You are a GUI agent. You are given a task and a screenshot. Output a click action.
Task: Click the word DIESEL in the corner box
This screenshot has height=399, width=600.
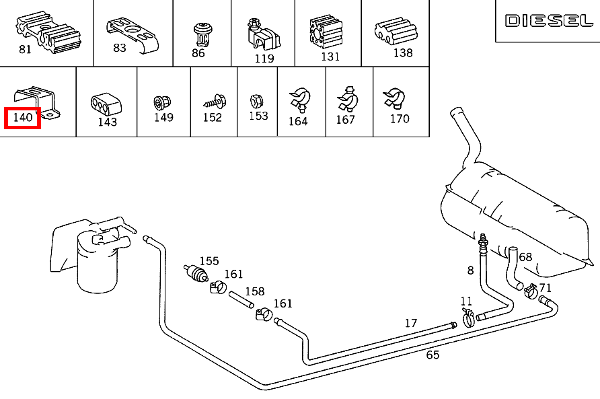tap(549, 21)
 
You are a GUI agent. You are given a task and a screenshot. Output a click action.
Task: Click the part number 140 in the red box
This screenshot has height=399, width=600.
tap(23, 117)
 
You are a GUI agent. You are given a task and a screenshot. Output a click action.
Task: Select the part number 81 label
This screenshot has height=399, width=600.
tap(25, 49)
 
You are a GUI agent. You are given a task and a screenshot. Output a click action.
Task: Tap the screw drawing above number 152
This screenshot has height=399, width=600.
tap(215, 102)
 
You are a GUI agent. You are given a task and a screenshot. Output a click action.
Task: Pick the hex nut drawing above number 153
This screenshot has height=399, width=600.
tap(256, 102)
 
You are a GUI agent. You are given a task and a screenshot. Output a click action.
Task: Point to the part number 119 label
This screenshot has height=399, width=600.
tap(264, 59)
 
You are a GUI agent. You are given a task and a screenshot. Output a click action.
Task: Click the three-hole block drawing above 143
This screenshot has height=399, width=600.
tap(106, 104)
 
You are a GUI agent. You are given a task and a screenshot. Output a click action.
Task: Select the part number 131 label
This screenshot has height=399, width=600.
tap(330, 57)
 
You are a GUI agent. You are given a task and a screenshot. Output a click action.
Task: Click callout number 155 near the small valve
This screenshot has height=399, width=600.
tap(209, 261)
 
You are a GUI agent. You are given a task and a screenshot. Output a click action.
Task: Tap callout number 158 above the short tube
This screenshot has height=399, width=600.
tap(255, 291)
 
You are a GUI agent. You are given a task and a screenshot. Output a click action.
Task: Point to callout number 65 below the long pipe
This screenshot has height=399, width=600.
tap(433, 355)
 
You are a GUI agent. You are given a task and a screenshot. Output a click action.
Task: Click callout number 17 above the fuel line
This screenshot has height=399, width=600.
tap(411, 323)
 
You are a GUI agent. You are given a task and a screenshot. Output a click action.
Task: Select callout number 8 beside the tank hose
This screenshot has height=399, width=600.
tap(471, 270)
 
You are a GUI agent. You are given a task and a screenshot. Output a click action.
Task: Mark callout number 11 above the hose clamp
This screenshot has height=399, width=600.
tap(466, 301)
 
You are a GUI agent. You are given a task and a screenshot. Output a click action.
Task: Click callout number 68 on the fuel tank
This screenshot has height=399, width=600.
tap(525, 257)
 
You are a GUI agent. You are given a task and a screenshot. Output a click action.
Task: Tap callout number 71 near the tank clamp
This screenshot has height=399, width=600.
tap(545, 287)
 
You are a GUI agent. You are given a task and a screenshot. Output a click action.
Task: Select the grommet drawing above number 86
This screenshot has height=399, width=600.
tap(203, 34)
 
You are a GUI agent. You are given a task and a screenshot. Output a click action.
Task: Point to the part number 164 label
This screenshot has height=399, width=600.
tap(298, 121)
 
